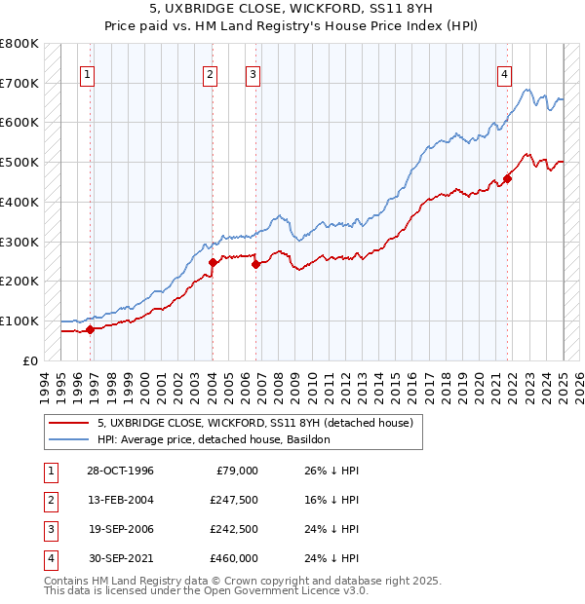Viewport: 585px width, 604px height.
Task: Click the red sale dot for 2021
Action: click(x=508, y=178)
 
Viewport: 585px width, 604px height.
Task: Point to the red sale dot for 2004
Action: click(x=213, y=262)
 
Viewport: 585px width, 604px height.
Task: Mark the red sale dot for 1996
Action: click(x=90, y=329)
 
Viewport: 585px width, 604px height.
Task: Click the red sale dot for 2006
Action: click(x=255, y=264)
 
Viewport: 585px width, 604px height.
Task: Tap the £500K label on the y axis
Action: click(x=19, y=162)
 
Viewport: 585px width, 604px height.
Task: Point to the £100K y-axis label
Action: click(x=19, y=321)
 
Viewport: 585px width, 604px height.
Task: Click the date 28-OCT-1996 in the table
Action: click(x=120, y=471)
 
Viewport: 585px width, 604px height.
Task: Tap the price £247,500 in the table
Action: click(x=234, y=500)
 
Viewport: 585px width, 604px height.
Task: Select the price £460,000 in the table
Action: click(x=234, y=558)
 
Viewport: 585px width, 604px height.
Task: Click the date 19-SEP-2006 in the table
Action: click(x=120, y=529)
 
